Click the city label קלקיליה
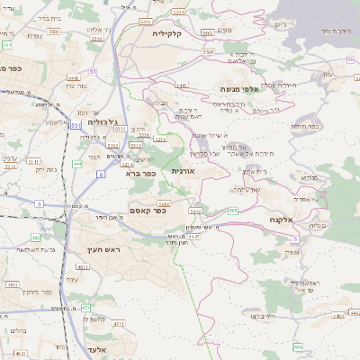(167, 33)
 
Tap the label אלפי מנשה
(239, 88)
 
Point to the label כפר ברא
(137, 174)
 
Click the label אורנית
(184, 170)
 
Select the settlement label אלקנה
(282, 219)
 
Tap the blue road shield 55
(92, 70)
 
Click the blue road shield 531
(75, 124)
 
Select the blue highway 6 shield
(101, 174)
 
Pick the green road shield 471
(85, 308)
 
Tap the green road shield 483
(13, 284)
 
